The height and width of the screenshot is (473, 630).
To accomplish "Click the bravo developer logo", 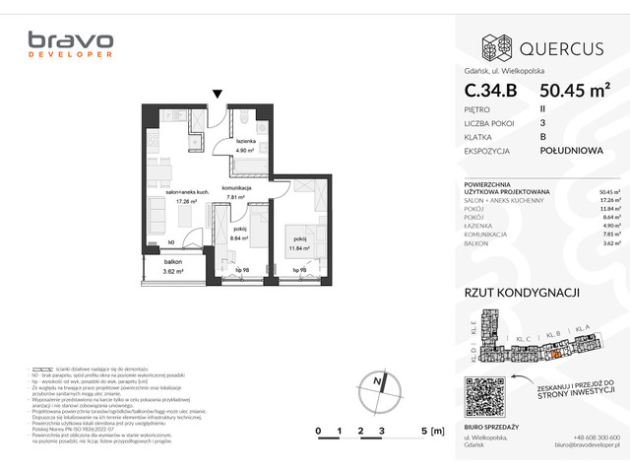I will coord(70,45).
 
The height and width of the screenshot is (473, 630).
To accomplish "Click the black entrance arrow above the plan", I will coord(218,95).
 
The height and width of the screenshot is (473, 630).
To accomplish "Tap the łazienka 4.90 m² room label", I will coord(246,148).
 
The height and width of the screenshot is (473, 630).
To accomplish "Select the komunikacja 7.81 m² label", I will coord(238,192).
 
